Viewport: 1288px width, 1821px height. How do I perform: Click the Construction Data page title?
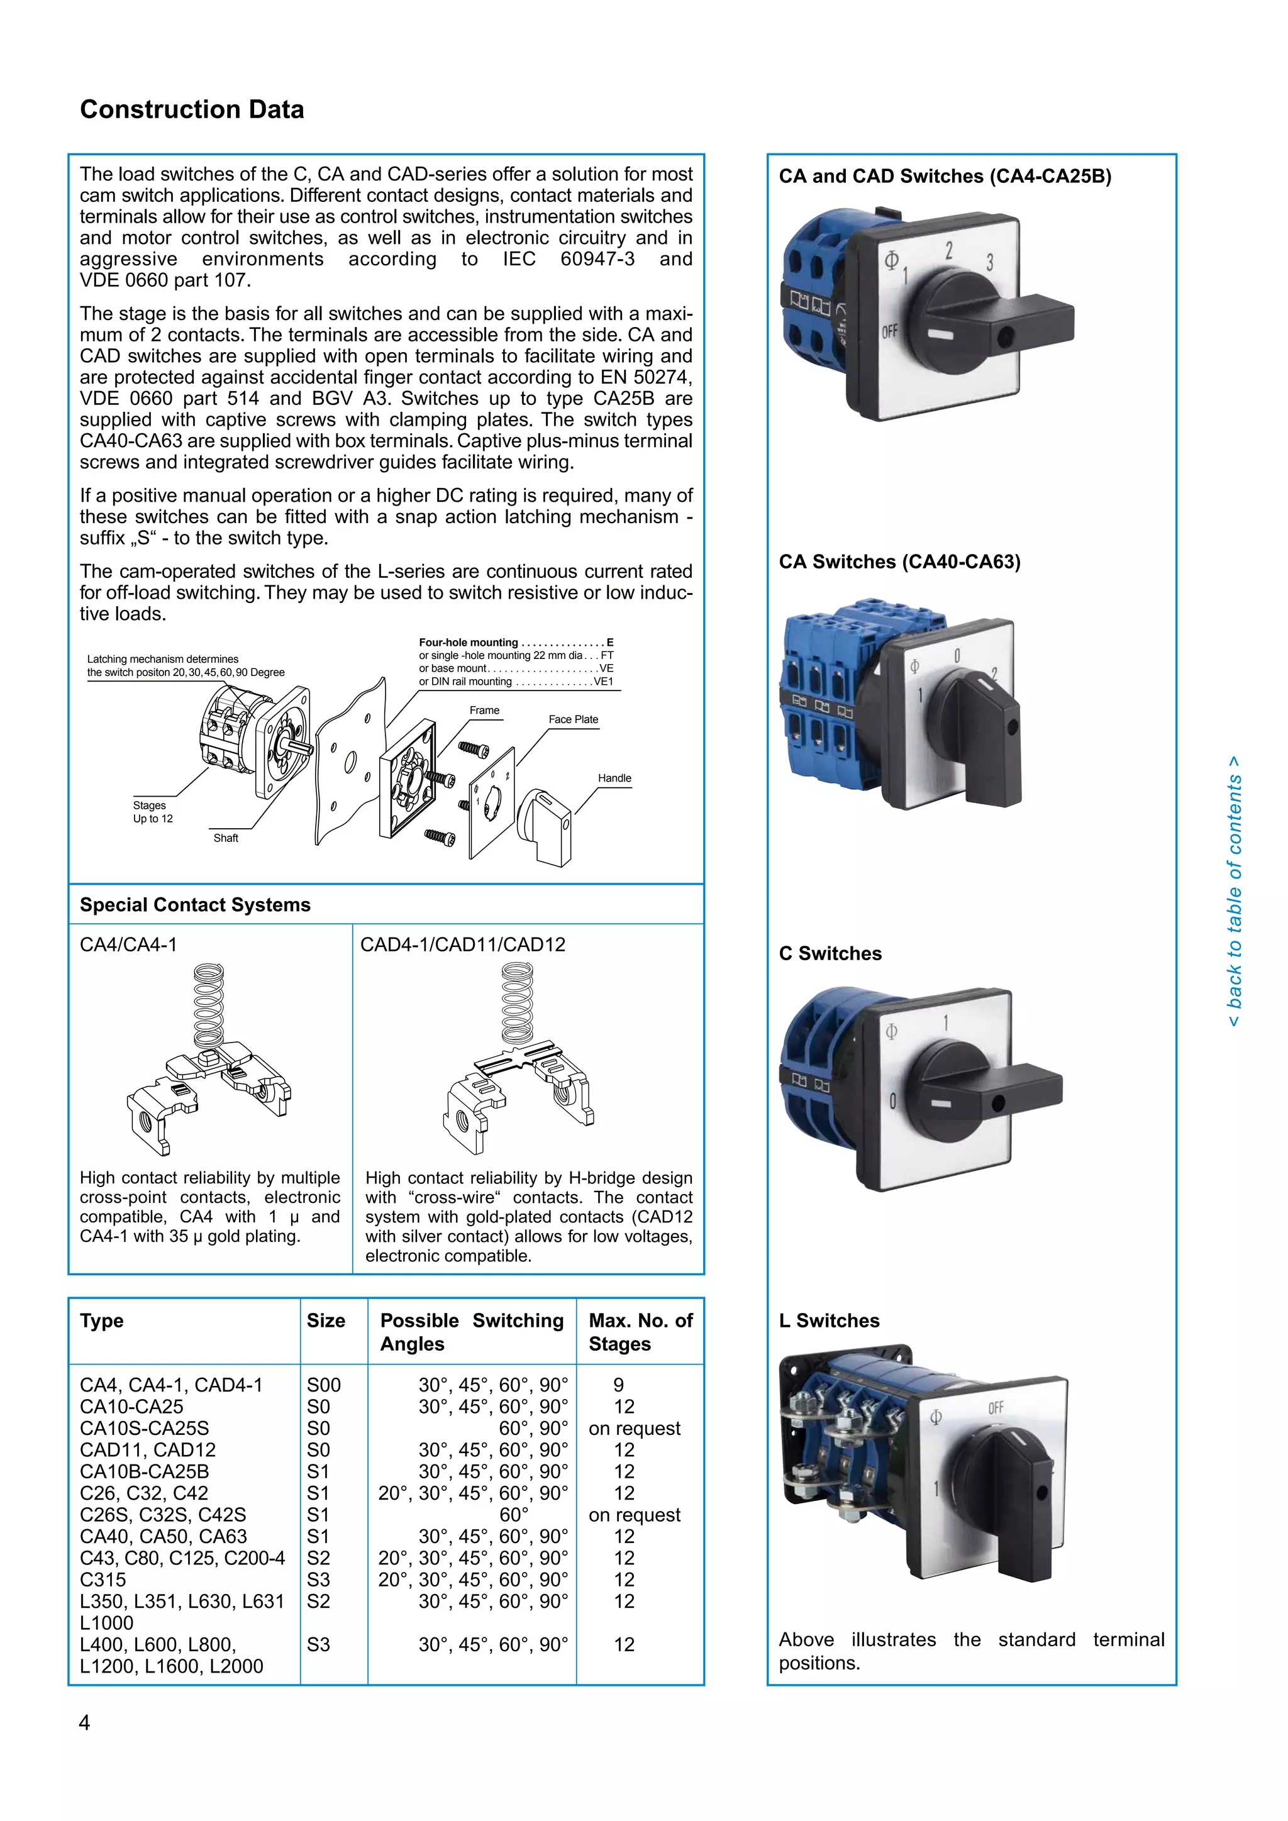[192, 109]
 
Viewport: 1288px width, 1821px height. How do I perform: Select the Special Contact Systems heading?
[195, 905]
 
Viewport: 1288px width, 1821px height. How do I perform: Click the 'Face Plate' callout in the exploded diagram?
[573, 719]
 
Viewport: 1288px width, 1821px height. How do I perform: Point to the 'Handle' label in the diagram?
[614, 778]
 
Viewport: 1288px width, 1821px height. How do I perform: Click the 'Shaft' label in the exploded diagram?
[226, 838]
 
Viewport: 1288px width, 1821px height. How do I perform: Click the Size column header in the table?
[326, 1320]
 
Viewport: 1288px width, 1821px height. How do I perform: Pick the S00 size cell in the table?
[324, 1385]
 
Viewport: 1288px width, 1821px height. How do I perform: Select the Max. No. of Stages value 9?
[619, 1385]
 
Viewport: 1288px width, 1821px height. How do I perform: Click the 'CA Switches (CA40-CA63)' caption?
[899, 562]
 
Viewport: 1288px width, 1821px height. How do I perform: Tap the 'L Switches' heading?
[829, 1320]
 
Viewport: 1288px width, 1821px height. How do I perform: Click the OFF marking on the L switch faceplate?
[996, 1408]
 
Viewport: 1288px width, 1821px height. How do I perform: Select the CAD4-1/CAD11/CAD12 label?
[462, 944]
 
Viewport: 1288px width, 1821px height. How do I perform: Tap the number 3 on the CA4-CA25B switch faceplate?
[989, 262]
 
